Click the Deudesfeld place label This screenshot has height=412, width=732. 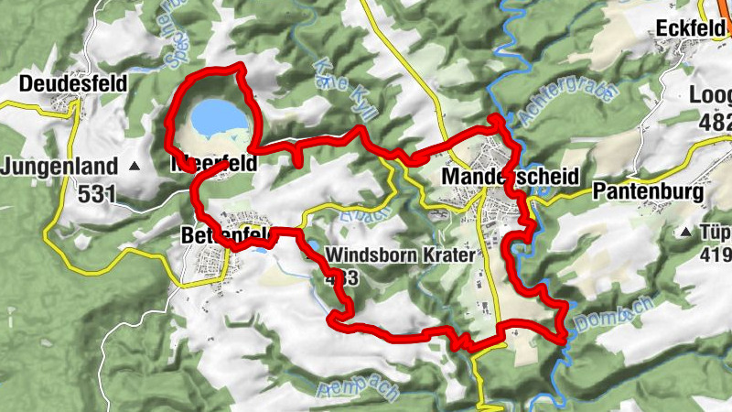72,83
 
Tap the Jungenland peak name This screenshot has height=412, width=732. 60,167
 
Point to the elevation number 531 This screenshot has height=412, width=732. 95,193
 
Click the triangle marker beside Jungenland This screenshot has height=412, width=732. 135,167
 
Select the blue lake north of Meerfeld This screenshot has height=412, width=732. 218,117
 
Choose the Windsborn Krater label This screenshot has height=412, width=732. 401,255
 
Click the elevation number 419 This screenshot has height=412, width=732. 717,254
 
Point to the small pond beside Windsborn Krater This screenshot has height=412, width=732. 261,247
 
